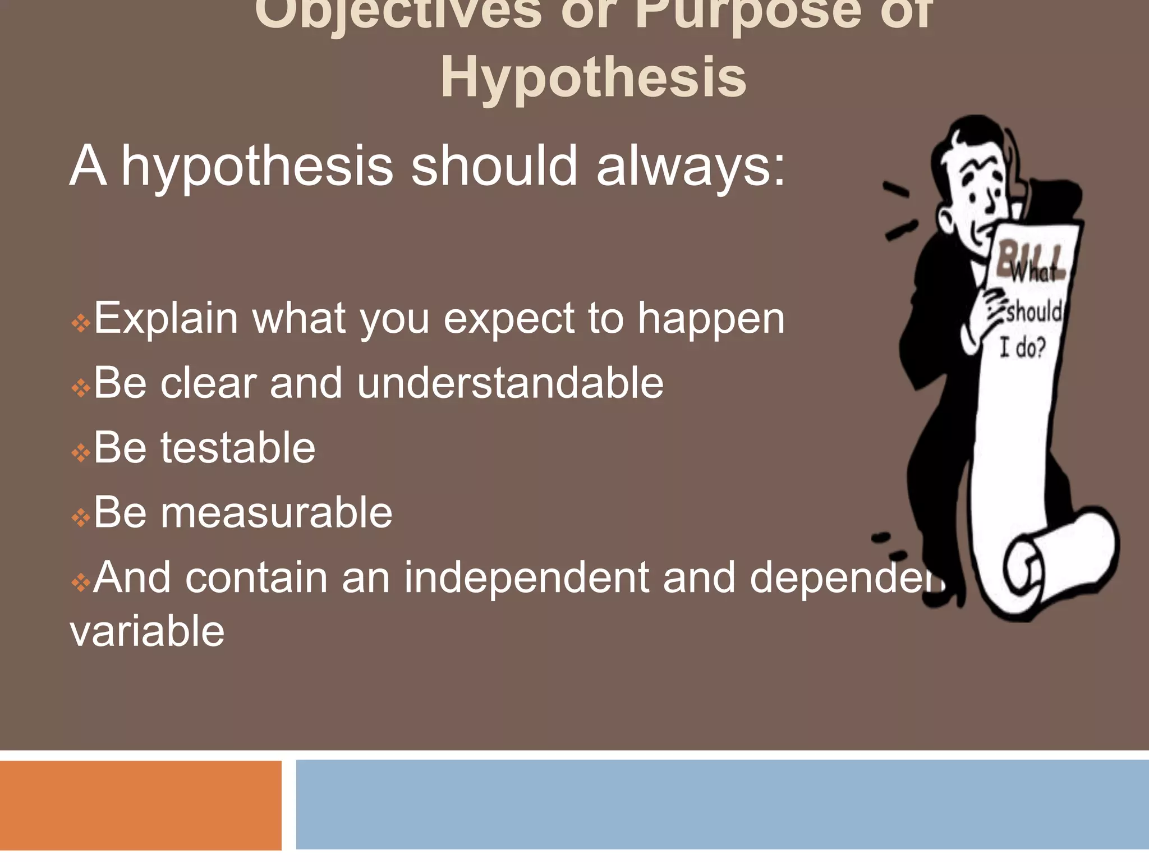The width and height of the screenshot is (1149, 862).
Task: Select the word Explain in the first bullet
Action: click(x=166, y=319)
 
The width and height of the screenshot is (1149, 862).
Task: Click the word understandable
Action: click(x=510, y=383)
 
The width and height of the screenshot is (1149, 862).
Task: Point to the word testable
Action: click(x=238, y=448)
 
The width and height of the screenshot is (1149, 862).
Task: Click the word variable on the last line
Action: click(x=147, y=631)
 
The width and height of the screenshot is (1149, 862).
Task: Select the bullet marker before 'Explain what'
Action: click(x=81, y=323)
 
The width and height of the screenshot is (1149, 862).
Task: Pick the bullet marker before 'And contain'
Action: click(x=81, y=582)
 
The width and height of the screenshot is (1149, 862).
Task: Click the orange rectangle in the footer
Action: click(x=140, y=805)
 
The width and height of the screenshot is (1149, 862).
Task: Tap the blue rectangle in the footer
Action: click(x=722, y=804)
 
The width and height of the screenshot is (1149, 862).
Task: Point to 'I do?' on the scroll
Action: click(x=1022, y=348)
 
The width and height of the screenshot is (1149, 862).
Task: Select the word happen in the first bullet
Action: click(x=711, y=319)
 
